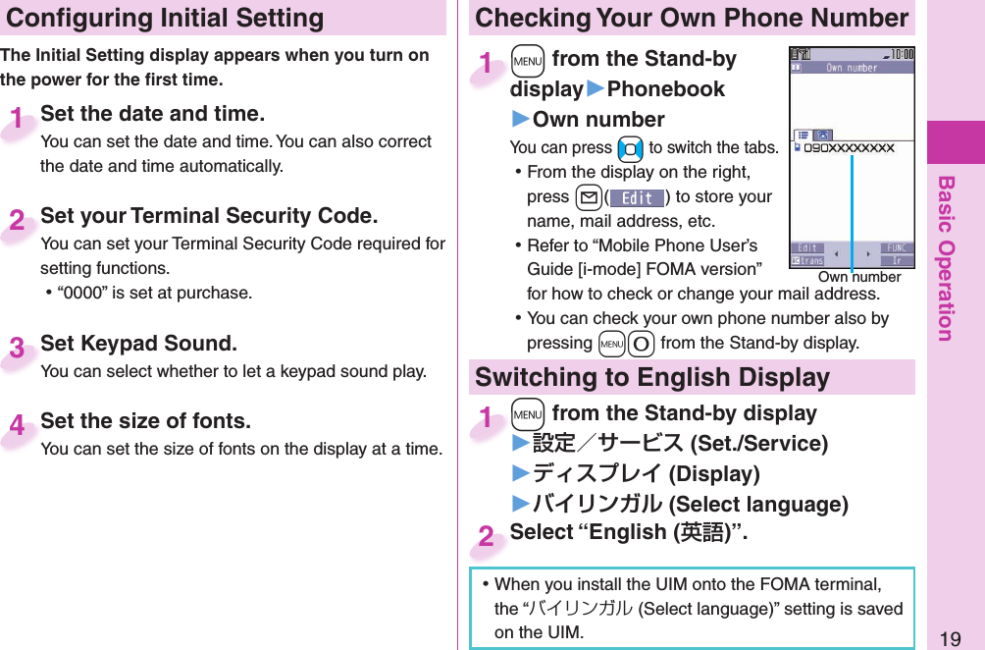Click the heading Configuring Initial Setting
tap(165, 18)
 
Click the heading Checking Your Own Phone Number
tap(692, 18)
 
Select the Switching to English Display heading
tap(652, 378)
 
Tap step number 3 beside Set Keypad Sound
tap(18, 349)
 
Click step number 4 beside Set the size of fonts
tap(18, 425)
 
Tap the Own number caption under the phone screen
tap(858, 278)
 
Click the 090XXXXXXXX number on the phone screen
tap(849, 148)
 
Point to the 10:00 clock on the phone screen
tap(900, 53)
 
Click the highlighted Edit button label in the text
tap(637, 197)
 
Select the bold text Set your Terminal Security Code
tap(209, 216)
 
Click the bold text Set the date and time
tap(152, 114)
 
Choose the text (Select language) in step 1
tap(757, 505)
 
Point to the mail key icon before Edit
tap(587, 197)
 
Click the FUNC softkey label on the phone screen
tap(896, 248)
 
